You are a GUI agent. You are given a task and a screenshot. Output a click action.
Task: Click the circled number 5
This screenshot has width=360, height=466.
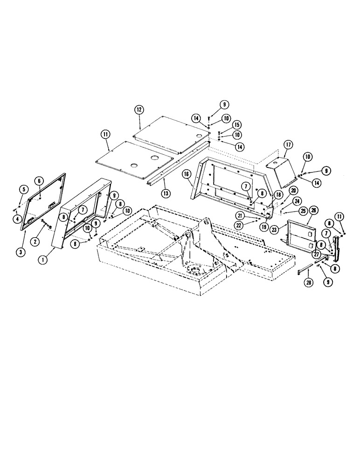21,189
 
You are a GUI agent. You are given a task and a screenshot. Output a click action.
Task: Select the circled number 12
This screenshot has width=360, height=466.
138,109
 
